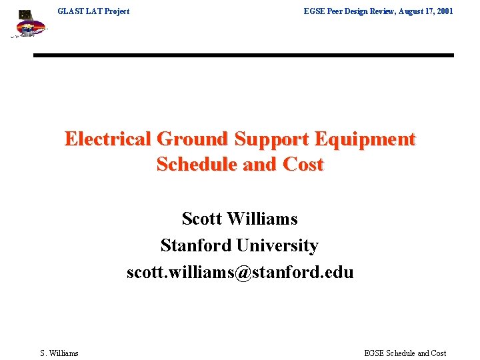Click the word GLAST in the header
pos(71,11)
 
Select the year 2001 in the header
pos(443,11)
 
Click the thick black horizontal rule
pos(243,55)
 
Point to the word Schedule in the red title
pos(197,164)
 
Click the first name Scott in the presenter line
pos(202,219)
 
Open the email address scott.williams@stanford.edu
pos(240,272)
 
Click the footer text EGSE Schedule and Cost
pos(405,353)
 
